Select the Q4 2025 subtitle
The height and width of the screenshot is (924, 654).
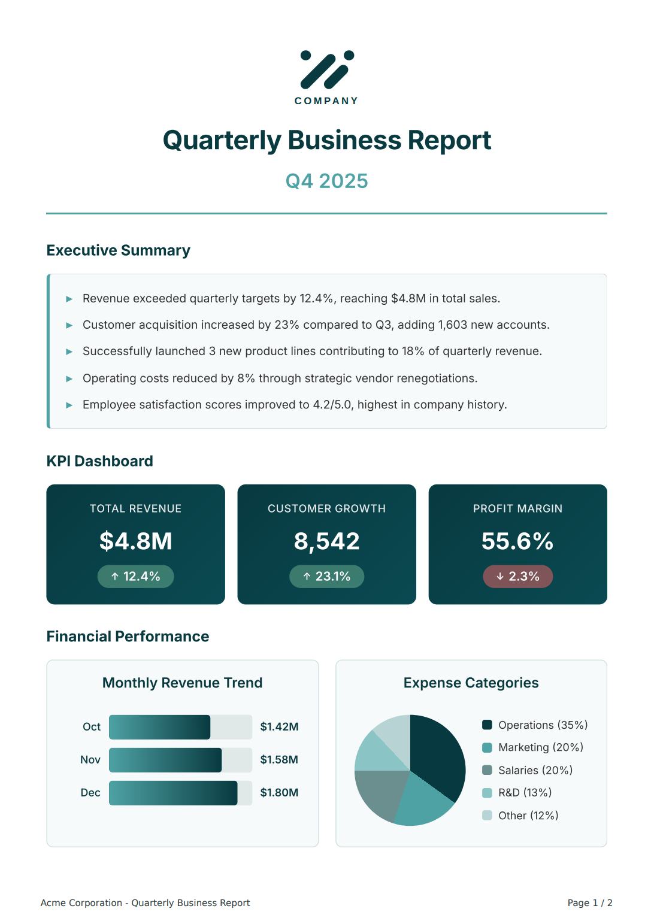[327, 181]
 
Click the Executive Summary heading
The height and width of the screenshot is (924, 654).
[119, 250]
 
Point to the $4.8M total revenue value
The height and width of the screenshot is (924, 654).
[136, 541]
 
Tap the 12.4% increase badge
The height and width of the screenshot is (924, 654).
[136, 577]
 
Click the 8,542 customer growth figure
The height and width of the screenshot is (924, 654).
[327, 541]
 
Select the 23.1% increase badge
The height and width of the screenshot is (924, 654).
[327, 577]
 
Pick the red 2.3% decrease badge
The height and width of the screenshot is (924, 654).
[518, 577]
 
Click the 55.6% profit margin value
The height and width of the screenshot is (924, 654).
[518, 541]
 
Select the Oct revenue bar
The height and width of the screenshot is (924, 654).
[160, 727]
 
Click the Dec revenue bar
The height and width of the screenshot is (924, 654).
[173, 793]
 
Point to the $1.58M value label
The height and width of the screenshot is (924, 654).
[279, 760]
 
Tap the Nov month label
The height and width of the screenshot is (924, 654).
[90, 760]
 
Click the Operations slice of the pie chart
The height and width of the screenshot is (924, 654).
[437, 755]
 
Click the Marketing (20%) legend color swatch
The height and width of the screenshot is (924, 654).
[488, 747]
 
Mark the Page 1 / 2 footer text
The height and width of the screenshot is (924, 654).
[590, 903]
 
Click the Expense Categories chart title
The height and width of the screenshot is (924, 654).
[471, 683]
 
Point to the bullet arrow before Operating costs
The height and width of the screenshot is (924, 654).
[69, 378]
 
